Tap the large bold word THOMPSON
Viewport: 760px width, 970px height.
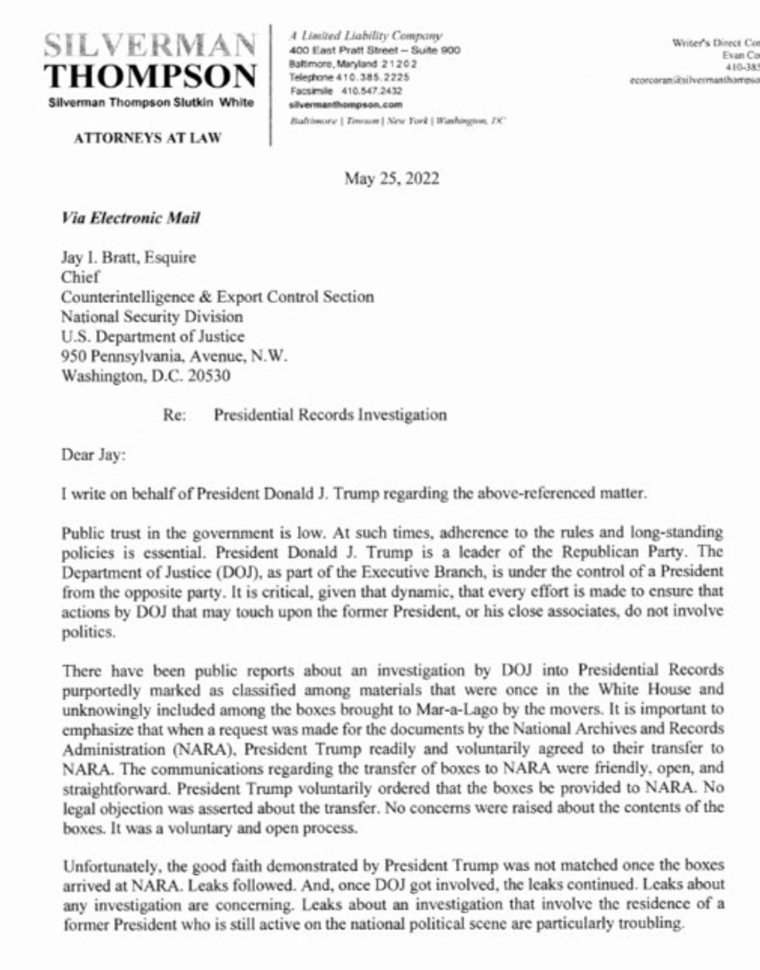point(150,76)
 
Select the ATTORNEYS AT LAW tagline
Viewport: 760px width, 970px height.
point(147,139)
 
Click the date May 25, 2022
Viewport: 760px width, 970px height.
point(392,179)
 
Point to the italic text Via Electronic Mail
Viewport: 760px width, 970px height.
point(130,218)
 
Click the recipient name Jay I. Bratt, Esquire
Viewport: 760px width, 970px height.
point(129,257)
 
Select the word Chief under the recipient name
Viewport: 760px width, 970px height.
point(81,277)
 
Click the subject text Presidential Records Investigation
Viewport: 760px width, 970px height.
point(330,415)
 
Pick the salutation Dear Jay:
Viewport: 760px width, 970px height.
point(92,455)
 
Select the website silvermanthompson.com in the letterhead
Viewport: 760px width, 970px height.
point(345,104)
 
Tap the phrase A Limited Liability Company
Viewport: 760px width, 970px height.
point(365,36)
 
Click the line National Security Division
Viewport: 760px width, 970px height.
point(152,317)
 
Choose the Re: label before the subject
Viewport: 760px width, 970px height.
point(174,415)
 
